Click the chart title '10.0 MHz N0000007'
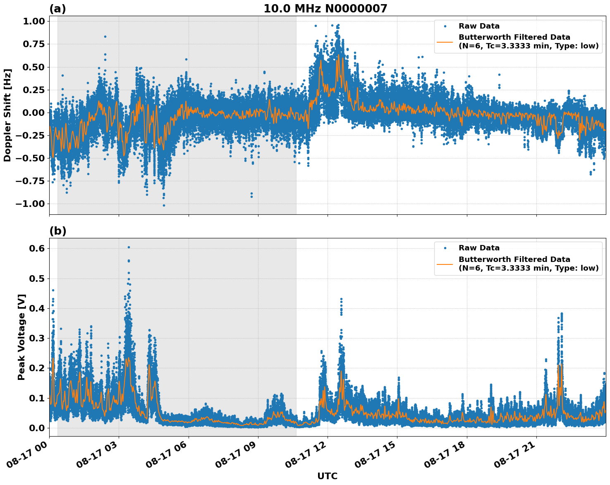[325, 9]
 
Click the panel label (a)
[57, 9]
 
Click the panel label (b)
[57, 231]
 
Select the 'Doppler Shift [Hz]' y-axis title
[7, 115]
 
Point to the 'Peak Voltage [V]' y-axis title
[22, 337]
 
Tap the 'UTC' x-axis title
[327, 476]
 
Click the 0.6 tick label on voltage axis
[37, 249]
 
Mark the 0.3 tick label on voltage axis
[37, 338]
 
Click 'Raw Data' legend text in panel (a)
[479, 26]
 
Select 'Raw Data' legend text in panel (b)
[479, 248]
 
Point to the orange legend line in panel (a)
[445, 41]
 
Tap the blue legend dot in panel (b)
[445, 248]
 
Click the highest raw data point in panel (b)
[129, 247]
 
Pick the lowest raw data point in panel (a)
[164, 205]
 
